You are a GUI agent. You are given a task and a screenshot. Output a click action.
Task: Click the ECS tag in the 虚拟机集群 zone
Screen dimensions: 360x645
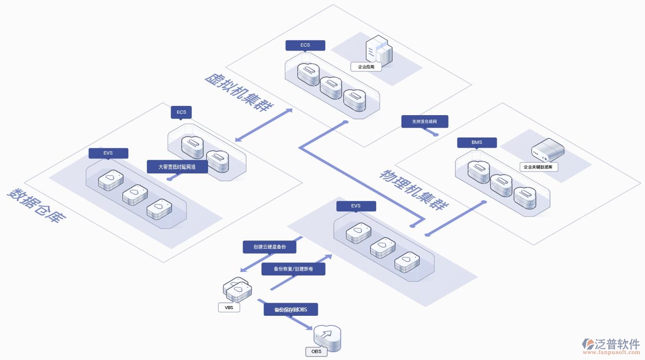(305, 45)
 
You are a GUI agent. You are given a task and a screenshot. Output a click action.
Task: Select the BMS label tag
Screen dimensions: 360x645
(476, 142)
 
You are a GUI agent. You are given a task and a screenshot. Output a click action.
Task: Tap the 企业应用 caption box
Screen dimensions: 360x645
(366, 67)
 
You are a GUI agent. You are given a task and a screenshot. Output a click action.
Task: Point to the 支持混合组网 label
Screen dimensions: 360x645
(424, 121)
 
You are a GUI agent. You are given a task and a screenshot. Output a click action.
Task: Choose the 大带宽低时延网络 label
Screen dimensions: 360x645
(177, 167)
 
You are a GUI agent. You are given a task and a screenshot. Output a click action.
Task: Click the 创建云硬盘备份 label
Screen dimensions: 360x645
(269, 247)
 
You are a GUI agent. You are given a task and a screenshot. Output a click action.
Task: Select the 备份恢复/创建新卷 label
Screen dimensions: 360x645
(293, 269)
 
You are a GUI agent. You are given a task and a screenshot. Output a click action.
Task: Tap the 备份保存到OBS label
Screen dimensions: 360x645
(290, 309)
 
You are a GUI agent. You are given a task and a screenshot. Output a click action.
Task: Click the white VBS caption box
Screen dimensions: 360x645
(229, 308)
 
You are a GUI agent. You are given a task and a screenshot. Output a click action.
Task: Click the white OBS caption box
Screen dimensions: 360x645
(316, 351)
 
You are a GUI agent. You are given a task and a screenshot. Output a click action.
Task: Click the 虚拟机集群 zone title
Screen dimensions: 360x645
(239, 92)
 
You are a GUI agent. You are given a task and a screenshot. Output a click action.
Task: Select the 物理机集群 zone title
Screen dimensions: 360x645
(413, 189)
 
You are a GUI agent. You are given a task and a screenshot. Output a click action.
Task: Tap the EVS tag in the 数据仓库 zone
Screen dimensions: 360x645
(108, 153)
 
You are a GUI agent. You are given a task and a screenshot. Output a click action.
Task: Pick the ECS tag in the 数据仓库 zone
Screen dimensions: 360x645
(181, 112)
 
